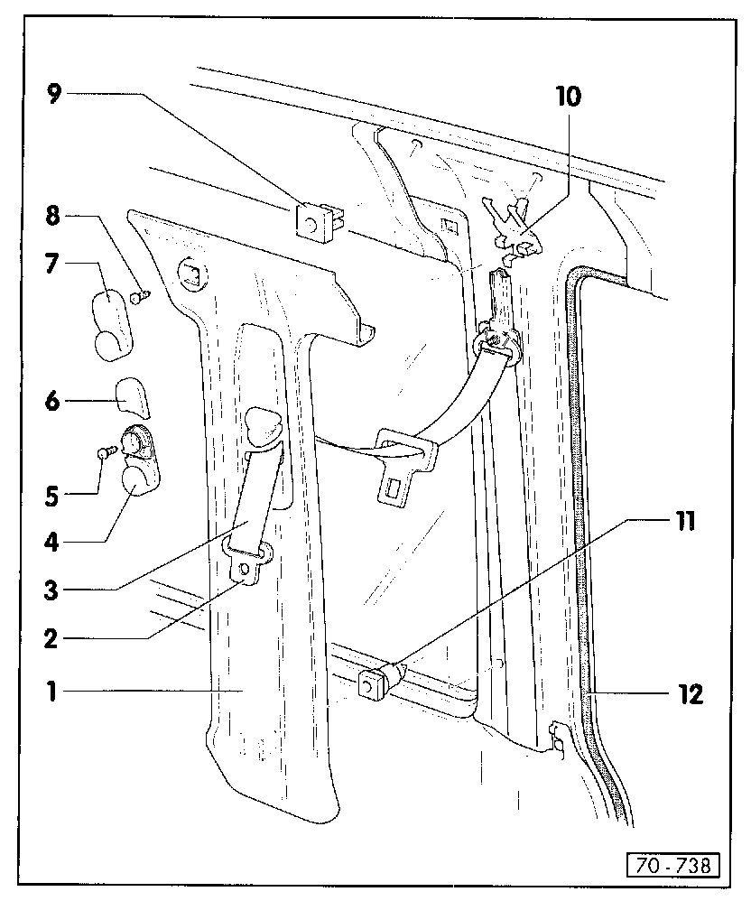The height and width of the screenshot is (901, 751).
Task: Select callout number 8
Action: (x=53, y=217)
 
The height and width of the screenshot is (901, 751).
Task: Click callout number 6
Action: (x=53, y=399)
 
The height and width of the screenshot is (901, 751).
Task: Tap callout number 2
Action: (x=53, y=638)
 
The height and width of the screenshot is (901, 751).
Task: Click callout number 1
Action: (x=53, y=692)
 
